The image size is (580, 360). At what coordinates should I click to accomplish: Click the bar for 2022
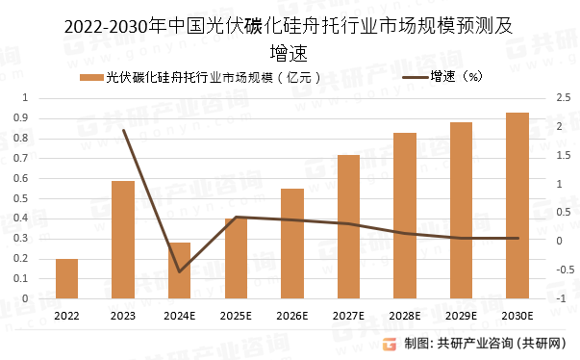pyautogui.click(x=66, y=278)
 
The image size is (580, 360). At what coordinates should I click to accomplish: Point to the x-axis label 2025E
pyautogui.click(x=236, y=315)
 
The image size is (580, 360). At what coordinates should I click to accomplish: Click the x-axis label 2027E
pyautogui.click(x=348, y=315)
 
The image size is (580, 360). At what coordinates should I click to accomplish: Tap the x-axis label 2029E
pyautogui.click(x=461, y=315)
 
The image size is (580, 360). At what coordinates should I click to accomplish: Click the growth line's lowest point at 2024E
pyautogui.click(x=179, y=271)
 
